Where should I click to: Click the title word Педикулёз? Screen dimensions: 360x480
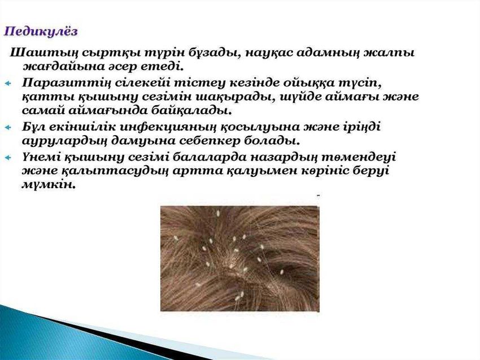(41, 31)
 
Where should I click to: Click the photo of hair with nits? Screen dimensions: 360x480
(239, 258)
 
